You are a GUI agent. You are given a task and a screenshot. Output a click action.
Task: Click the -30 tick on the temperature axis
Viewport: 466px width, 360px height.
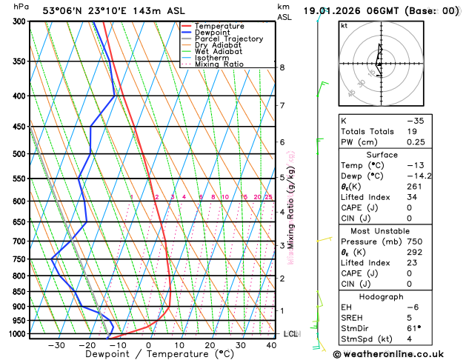56,345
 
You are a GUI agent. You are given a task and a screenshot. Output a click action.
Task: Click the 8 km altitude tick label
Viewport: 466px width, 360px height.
282,67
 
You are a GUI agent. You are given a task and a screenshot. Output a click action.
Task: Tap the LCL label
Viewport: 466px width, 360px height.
290,334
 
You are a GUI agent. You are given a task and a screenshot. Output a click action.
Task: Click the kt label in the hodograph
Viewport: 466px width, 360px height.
344,25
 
